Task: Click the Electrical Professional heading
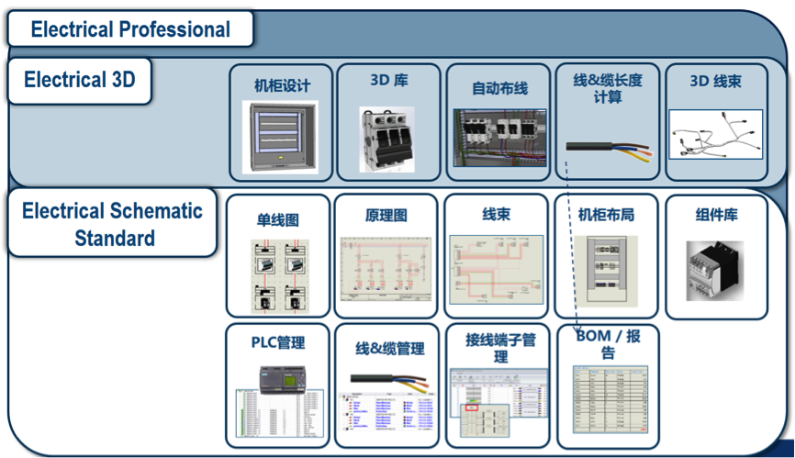(130, 29)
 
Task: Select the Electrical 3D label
(80, 80)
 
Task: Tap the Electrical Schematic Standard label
(112, 224)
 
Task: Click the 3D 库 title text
(389, 81)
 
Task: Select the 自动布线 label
(498, 88)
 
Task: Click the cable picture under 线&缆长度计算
(608, 148)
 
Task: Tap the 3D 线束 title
(716, 82)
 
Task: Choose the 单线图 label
(277, 220)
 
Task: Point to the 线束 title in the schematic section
(497, 215)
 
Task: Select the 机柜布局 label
(606, 215)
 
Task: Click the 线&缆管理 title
(389, 349)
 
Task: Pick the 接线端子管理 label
(500, 348)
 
